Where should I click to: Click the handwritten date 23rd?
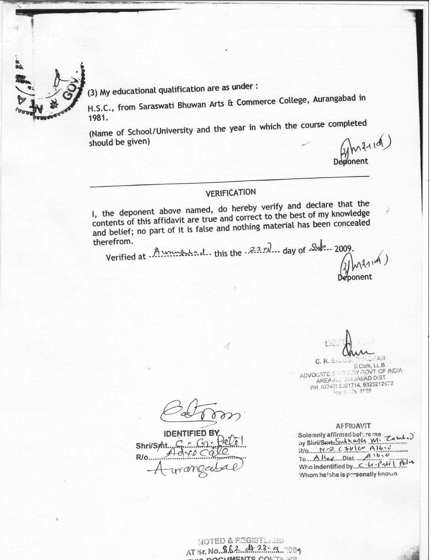point(260,250)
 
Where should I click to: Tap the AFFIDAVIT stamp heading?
point(353,426)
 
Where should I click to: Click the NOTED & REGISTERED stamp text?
point(241,541)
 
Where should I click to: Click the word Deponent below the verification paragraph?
point(355,277)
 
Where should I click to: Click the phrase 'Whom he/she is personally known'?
point(347,474)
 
